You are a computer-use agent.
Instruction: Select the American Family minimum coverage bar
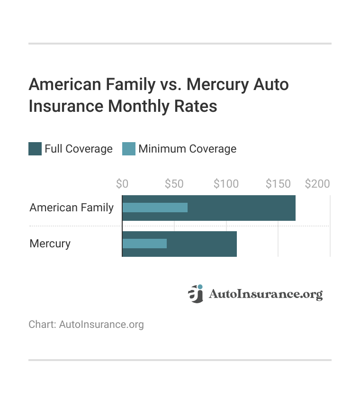155,208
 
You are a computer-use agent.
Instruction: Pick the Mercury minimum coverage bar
144,244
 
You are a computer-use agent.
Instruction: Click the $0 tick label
122,184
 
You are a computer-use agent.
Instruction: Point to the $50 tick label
174,184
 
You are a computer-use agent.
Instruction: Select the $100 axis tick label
226,184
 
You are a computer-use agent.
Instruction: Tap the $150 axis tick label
278,184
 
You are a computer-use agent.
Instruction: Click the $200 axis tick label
317,184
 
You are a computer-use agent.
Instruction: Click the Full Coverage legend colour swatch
35,149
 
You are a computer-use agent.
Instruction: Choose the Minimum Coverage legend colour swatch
129,149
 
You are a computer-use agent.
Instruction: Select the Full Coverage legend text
79,149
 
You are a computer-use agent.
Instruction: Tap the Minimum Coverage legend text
187,149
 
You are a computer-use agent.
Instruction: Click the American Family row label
72,208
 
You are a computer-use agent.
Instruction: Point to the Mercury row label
50,244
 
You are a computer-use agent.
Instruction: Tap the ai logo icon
195,294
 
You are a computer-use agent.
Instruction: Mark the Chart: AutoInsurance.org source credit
86,325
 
